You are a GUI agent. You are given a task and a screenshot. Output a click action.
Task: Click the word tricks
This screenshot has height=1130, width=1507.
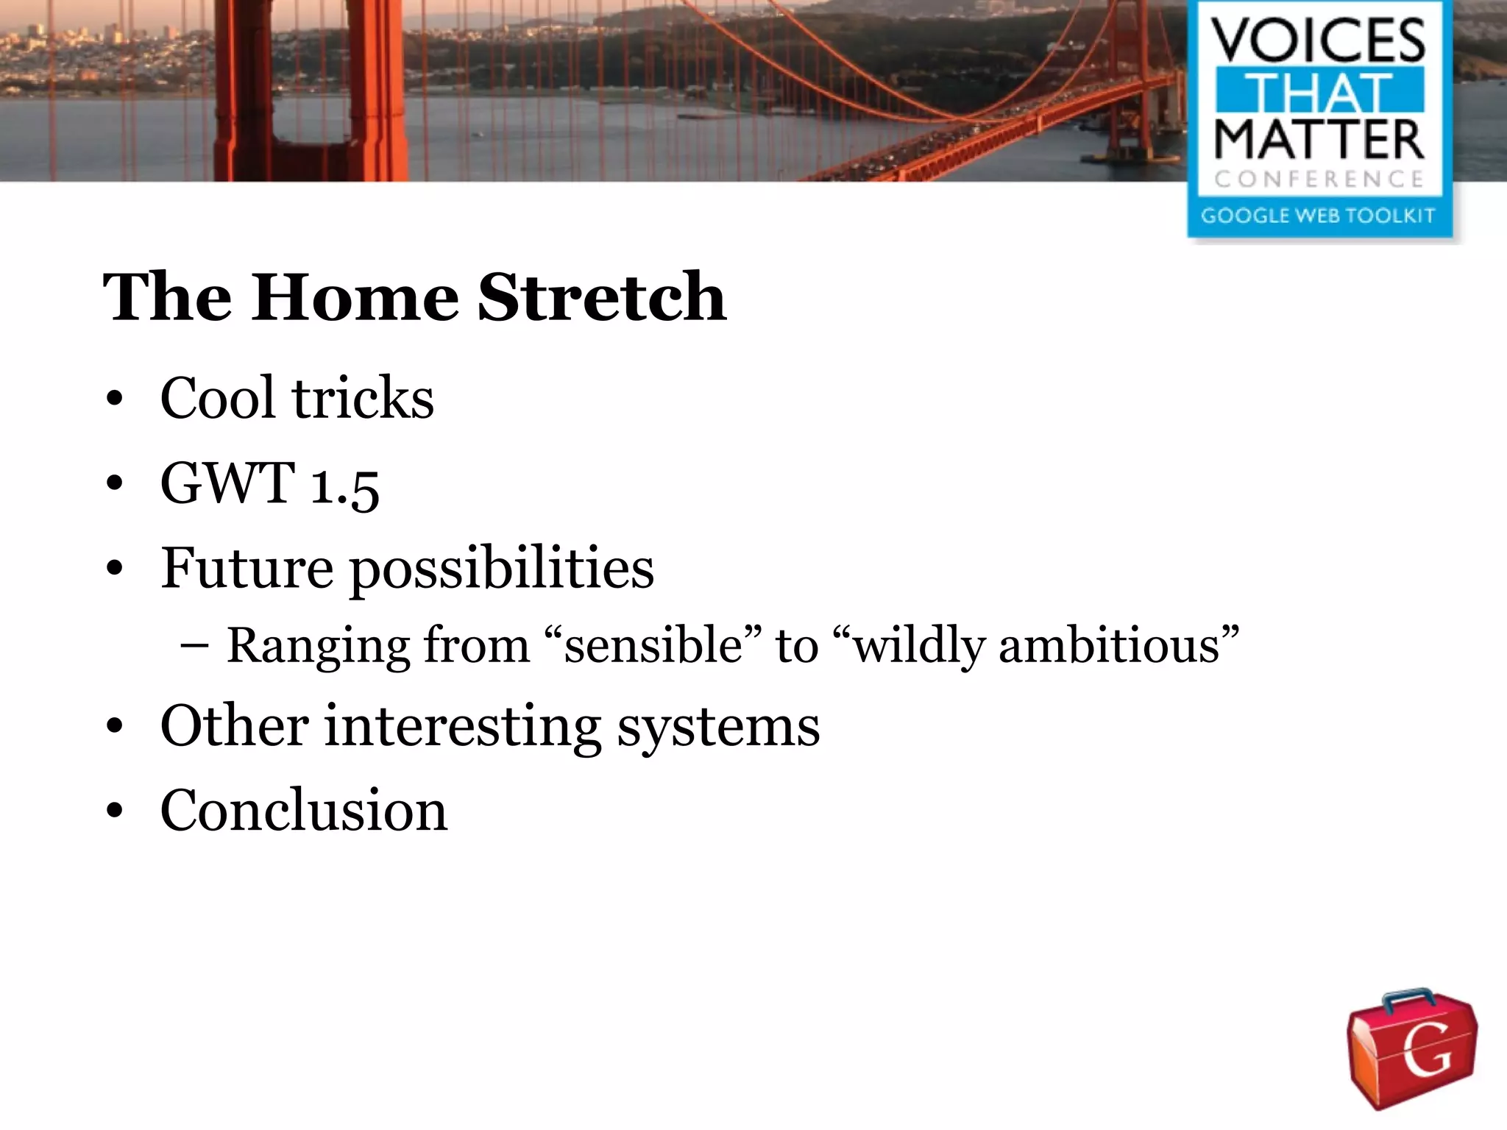363,398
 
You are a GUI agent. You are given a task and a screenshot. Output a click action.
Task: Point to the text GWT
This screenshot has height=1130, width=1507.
227,483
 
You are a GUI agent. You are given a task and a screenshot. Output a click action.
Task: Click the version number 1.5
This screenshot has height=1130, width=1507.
344,486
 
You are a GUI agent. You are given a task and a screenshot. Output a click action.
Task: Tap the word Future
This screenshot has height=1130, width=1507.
247,568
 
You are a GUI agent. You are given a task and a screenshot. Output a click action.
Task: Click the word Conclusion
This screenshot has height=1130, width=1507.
304,810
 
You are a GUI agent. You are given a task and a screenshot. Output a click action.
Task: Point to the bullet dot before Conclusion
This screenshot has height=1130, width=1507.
114,811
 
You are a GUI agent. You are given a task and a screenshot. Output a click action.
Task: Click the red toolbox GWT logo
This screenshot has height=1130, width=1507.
1411,1048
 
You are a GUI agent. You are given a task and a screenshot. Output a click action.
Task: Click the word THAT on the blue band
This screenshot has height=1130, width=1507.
1318,92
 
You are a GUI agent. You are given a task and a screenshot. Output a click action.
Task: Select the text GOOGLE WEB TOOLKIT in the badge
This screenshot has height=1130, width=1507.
1318,216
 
